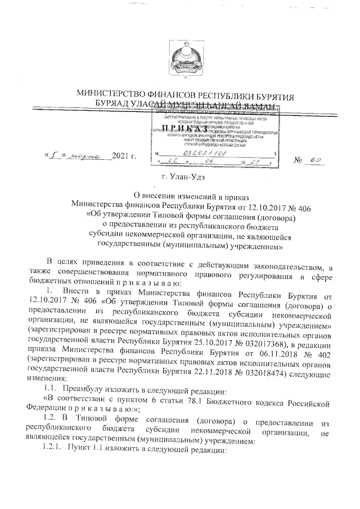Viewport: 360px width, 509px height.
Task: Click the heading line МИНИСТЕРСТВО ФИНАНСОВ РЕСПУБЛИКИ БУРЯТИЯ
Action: pyautogui.click(x=180, y=96)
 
